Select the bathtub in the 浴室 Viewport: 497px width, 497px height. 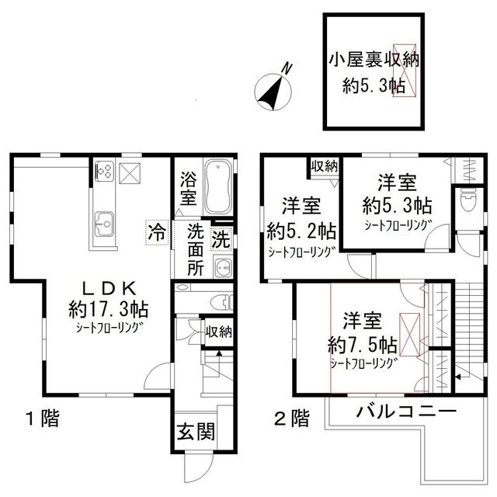219,187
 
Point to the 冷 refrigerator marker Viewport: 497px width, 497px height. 157,231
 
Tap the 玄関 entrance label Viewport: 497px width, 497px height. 195,431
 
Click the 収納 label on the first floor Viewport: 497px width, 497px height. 217,332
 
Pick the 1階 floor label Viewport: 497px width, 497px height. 38,419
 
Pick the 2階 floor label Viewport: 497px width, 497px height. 292,419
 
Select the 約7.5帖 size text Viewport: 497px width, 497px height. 363,343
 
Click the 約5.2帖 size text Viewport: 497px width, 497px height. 301,231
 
